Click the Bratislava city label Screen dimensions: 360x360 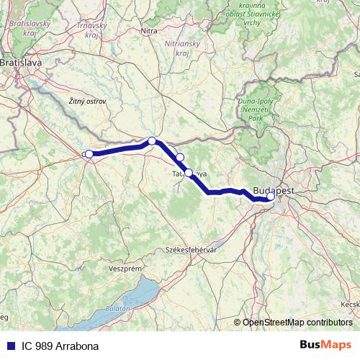[x=21, y=63]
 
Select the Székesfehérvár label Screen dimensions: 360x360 [x=192, y=249]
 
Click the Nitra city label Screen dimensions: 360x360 [x=149, y=31]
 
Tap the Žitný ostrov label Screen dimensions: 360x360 [x=86, y=102]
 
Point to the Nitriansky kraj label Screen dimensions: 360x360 [x=181, y=49]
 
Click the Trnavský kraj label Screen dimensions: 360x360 [x=92, y=30]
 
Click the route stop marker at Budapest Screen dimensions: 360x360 [x=271, y=196]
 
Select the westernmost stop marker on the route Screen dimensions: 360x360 [x=89, y=153]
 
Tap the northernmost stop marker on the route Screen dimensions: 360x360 [x=152, y=141]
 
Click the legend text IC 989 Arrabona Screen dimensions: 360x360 [x=59, y=346]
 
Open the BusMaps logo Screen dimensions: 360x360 [x=325, y=345]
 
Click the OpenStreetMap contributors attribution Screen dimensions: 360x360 [x=296, y=323]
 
